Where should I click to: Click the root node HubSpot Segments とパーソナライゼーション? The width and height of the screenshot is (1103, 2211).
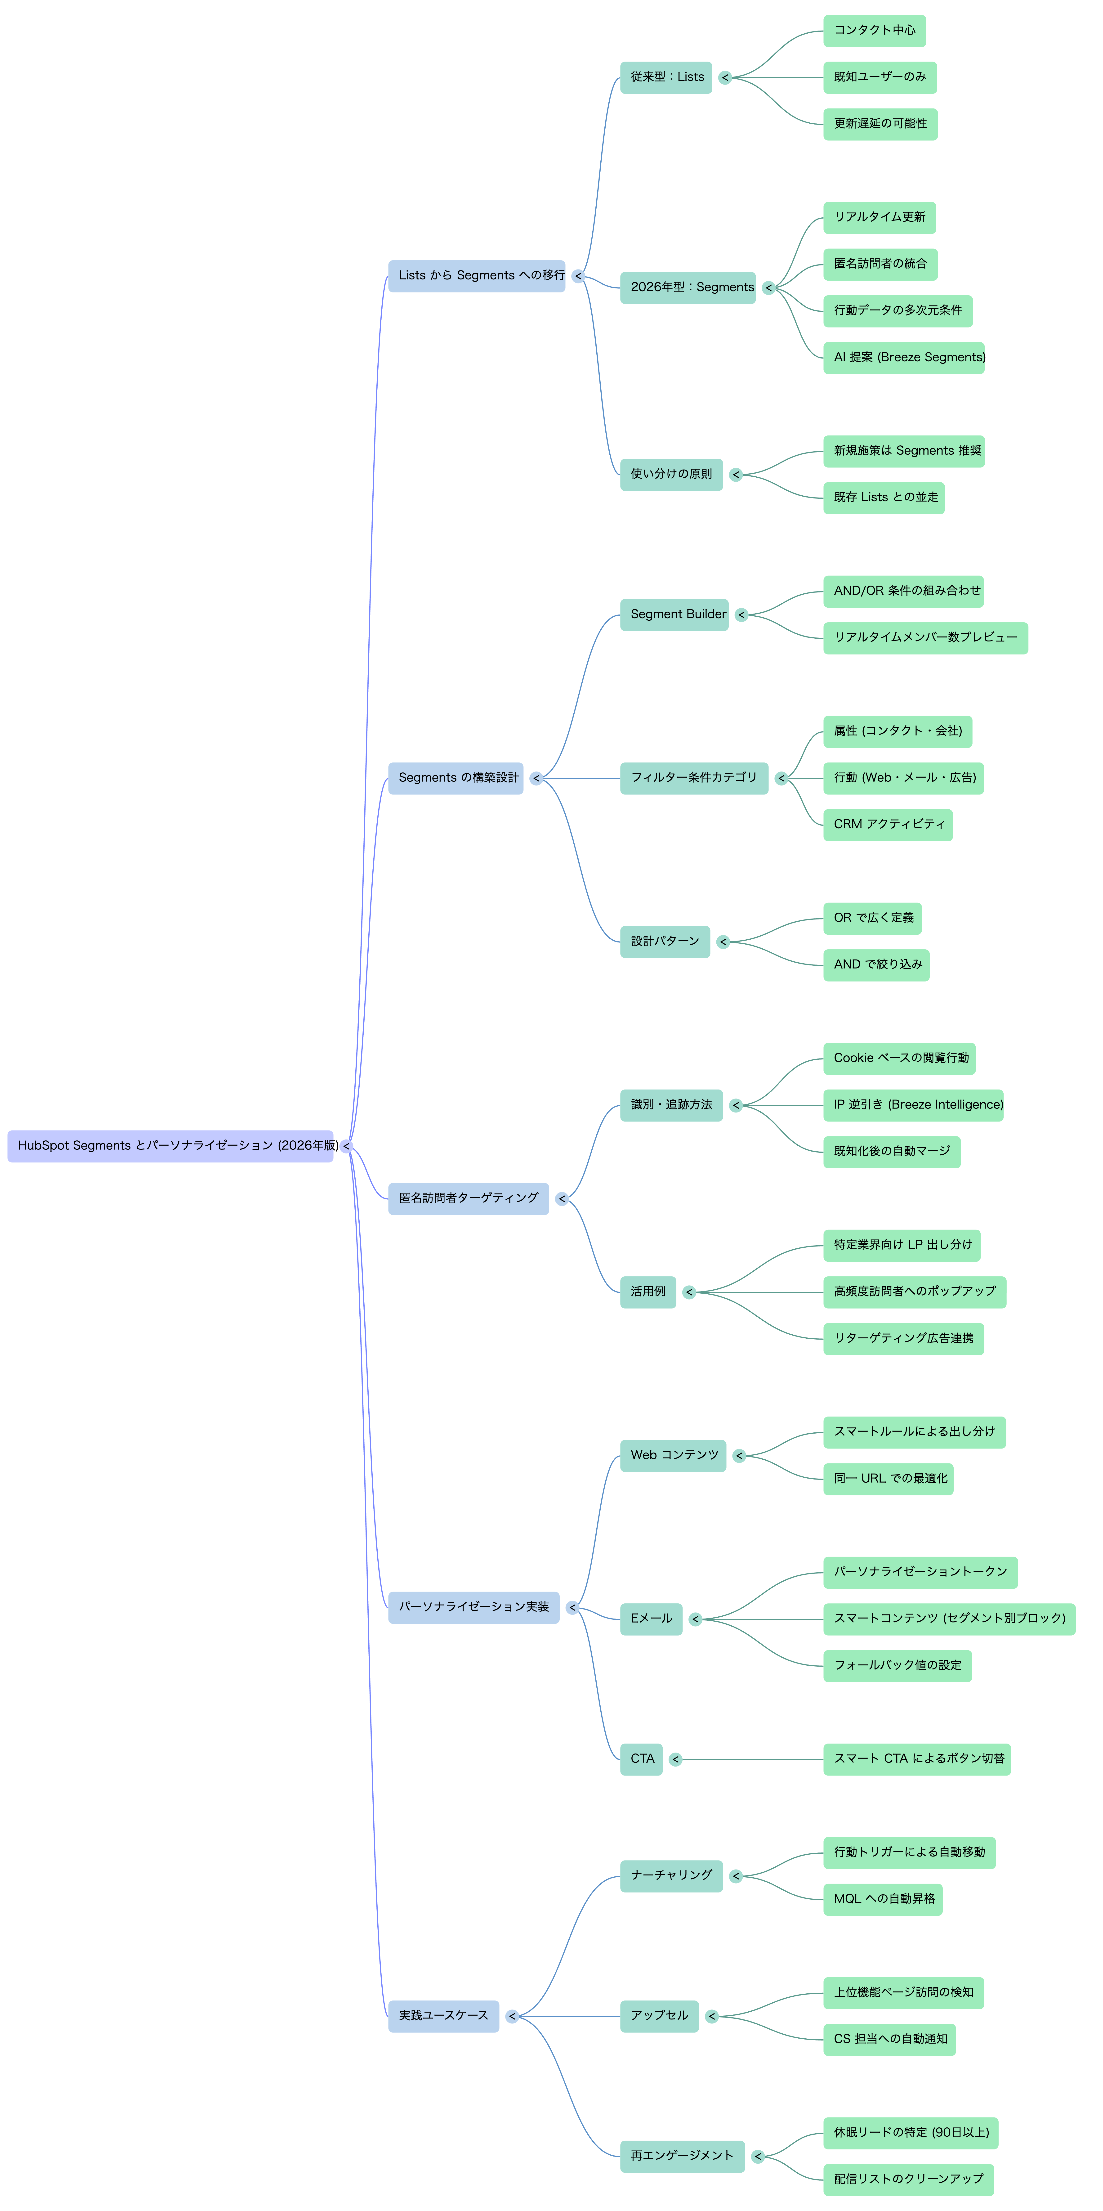(170, 1146)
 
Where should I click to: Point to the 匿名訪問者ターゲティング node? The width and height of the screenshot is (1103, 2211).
(469, 1198)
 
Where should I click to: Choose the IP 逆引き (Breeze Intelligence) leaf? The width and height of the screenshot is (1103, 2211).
(913, 1105)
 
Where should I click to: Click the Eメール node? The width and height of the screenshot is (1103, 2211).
(652, 1619)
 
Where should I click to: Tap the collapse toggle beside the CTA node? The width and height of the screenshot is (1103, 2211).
(675, 1759)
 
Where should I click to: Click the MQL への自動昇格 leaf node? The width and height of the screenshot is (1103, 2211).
(882, 1899)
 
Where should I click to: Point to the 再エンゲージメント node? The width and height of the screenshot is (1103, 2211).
(682, 2156)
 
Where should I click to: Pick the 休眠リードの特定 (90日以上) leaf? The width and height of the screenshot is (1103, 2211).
(911, 2133)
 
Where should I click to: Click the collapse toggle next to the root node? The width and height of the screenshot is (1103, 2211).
(346, 1146)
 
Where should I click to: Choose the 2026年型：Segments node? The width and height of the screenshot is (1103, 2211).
(688, 287)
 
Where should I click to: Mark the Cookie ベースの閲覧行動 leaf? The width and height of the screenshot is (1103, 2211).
(900, 1058)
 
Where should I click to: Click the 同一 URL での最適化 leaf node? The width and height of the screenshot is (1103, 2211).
(889, 1479)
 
